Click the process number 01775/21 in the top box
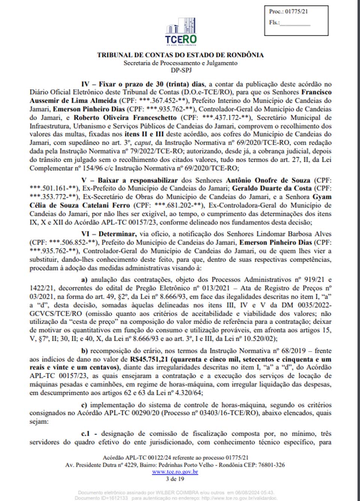[x=296, y=11]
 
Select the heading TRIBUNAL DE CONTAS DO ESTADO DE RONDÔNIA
[x=180, y=55]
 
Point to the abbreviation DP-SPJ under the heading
[x=181, y=70]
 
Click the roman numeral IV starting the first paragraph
[x=85, y=84]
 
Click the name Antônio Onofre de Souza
[x=268, y=180]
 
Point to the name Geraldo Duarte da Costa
[x=272, y=188]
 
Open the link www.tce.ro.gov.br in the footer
[x=175, y=472]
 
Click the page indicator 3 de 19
[x=175, y=479]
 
